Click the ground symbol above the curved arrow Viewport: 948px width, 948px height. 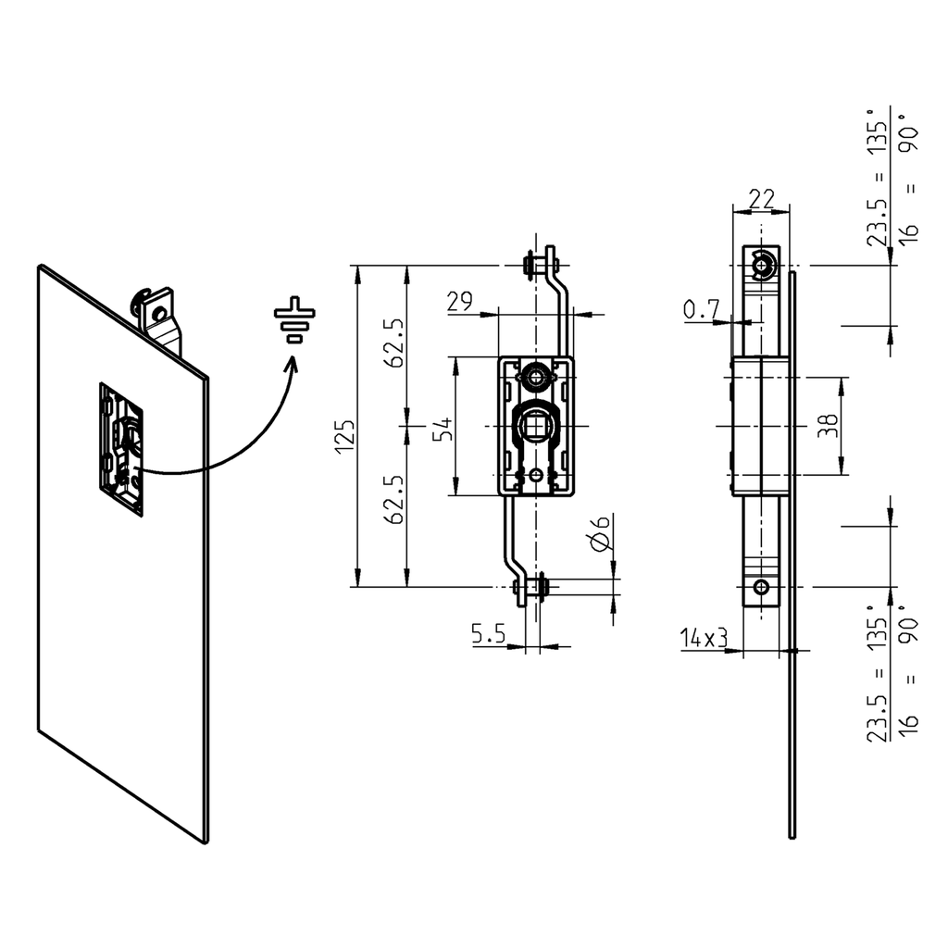click(294, 319)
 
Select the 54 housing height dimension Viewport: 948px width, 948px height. click(444, 428)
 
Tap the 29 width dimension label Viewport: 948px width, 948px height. click(461, 302)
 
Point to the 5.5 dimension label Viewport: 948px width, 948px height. click(488, 634)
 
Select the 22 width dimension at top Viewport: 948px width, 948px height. click(761, 197)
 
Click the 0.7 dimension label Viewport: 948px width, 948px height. click(700, 310)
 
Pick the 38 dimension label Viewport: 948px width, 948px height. click(829, 425)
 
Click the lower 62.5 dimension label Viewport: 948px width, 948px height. click(395, 501)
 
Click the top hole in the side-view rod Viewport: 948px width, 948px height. click(761, 267)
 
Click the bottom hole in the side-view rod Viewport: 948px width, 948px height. click(761, 587)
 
